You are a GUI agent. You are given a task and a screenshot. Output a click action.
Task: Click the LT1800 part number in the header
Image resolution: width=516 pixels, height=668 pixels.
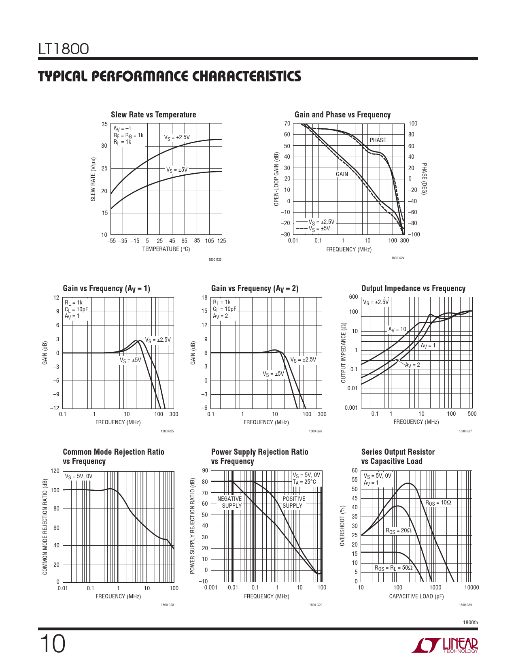tap(64, 49)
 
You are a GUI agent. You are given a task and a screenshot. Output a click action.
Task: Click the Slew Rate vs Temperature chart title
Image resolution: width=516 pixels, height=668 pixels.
tap(153, 115)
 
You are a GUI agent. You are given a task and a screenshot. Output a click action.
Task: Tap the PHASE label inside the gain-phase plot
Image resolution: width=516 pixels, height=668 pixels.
tap(378, 140)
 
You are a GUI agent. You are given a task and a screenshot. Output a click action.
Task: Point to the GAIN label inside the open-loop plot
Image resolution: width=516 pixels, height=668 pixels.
tap(342, 174)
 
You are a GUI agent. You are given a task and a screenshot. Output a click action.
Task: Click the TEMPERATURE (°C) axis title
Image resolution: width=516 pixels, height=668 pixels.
tap(166, 249)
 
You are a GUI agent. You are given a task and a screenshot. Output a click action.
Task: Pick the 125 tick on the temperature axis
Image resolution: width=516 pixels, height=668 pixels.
tap(221, 241)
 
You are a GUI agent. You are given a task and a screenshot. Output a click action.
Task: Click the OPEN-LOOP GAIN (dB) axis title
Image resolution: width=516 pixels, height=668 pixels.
tap(276, 179)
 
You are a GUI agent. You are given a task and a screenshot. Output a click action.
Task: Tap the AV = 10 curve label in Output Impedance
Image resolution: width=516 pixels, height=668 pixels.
tap(397, 330)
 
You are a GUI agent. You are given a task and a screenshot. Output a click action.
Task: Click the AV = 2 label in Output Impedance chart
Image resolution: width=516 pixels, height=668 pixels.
tap(412, 365)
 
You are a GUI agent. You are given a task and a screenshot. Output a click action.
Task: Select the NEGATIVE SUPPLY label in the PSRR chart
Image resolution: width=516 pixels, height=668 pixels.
tap(229, 502)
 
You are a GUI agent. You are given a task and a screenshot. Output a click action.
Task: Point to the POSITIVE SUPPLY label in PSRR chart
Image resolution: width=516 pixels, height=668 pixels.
tap(293, 502)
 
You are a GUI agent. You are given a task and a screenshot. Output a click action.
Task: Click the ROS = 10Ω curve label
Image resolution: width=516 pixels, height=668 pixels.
tap(438, 503)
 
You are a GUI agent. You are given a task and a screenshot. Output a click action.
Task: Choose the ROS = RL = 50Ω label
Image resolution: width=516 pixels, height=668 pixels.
tap(393, 568)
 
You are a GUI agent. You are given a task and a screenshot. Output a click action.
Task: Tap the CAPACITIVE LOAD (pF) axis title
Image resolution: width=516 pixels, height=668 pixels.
tap(416, 596)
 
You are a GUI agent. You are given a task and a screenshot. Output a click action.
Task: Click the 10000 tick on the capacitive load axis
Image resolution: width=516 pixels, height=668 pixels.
tap(471, 587)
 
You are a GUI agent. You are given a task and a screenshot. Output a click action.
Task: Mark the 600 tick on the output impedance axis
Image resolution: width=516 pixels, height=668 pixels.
tap(353, 297)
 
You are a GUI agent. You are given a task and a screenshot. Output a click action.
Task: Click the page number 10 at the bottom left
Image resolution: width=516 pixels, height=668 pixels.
tap(52, 644)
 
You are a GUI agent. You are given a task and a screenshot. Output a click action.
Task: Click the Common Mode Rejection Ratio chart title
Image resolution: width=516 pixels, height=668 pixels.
tap(113, 456)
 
